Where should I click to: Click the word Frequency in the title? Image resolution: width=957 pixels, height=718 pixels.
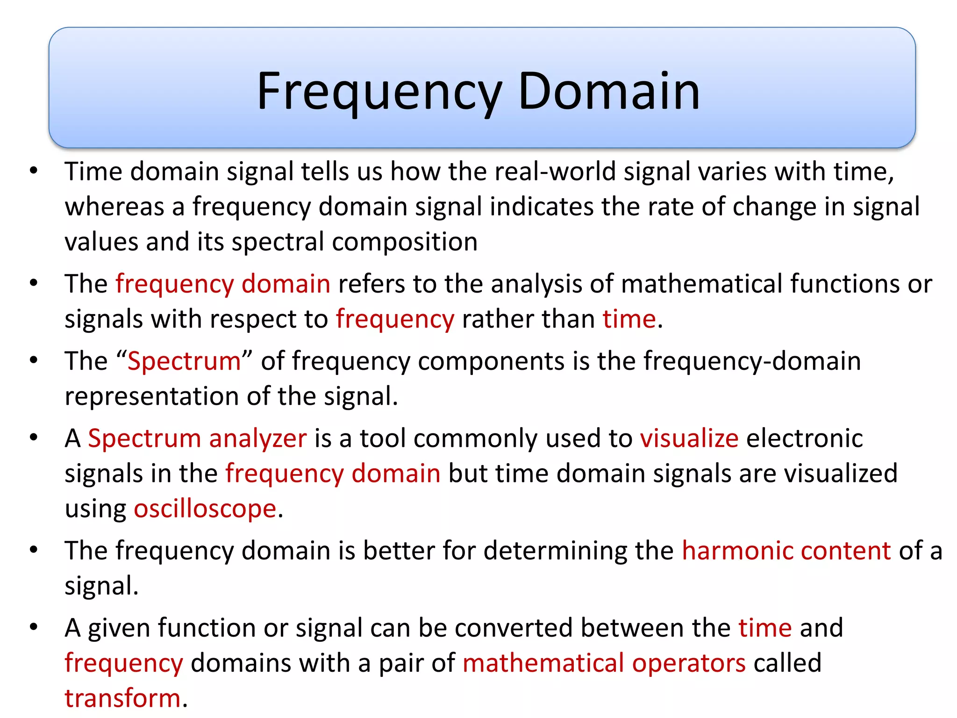(x=379, y=92)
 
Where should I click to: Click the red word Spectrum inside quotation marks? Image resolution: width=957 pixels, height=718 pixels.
(x=184, y=361)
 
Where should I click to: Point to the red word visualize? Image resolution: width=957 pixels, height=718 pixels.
(x=689, y=438)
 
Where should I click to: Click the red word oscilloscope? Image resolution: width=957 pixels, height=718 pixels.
(x=205, y=509)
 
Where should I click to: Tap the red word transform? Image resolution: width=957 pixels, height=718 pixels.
(x=122, y=698)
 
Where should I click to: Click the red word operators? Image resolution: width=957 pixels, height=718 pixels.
(x=689, y=663)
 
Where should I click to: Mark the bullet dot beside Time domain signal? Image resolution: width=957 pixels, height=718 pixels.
(x=33, y=171)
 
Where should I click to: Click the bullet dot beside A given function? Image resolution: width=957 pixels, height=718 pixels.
(x=33, y=627)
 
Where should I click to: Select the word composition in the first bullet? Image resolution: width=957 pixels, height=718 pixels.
(x=405, y=242)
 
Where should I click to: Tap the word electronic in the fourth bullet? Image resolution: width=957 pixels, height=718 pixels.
(x=804, y=438)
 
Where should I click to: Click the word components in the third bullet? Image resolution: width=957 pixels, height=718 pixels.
(x=491, y=361)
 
